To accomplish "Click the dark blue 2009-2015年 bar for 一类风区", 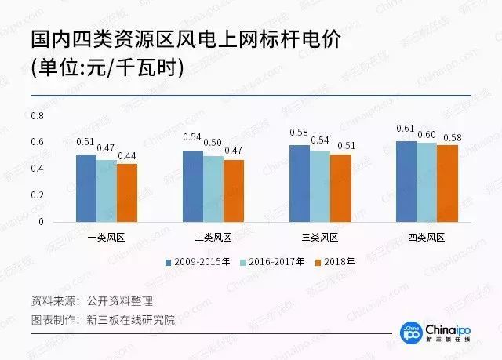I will click(x=86, y=188).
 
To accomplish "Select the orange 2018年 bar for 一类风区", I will click(x=127, y=193).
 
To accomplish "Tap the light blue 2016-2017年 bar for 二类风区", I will click(x=213, y=189).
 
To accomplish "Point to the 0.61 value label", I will click(x=406, y=129).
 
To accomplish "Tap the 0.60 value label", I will click(x=427, y=135).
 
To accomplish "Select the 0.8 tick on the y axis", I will click(x=37, y=115).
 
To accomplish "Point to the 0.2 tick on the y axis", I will click(x=37, y=195).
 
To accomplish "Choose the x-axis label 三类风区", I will click(x=320, y=238).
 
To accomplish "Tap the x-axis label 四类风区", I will click(x=427, y=238).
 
